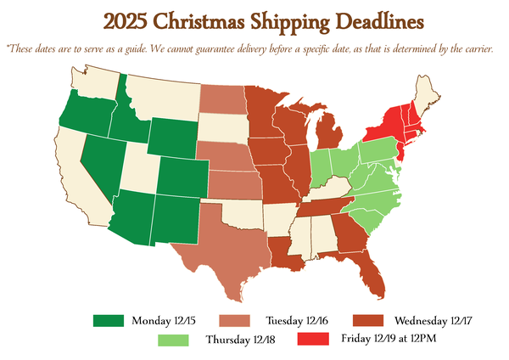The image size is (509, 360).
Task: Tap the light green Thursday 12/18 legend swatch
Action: (175, 340)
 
